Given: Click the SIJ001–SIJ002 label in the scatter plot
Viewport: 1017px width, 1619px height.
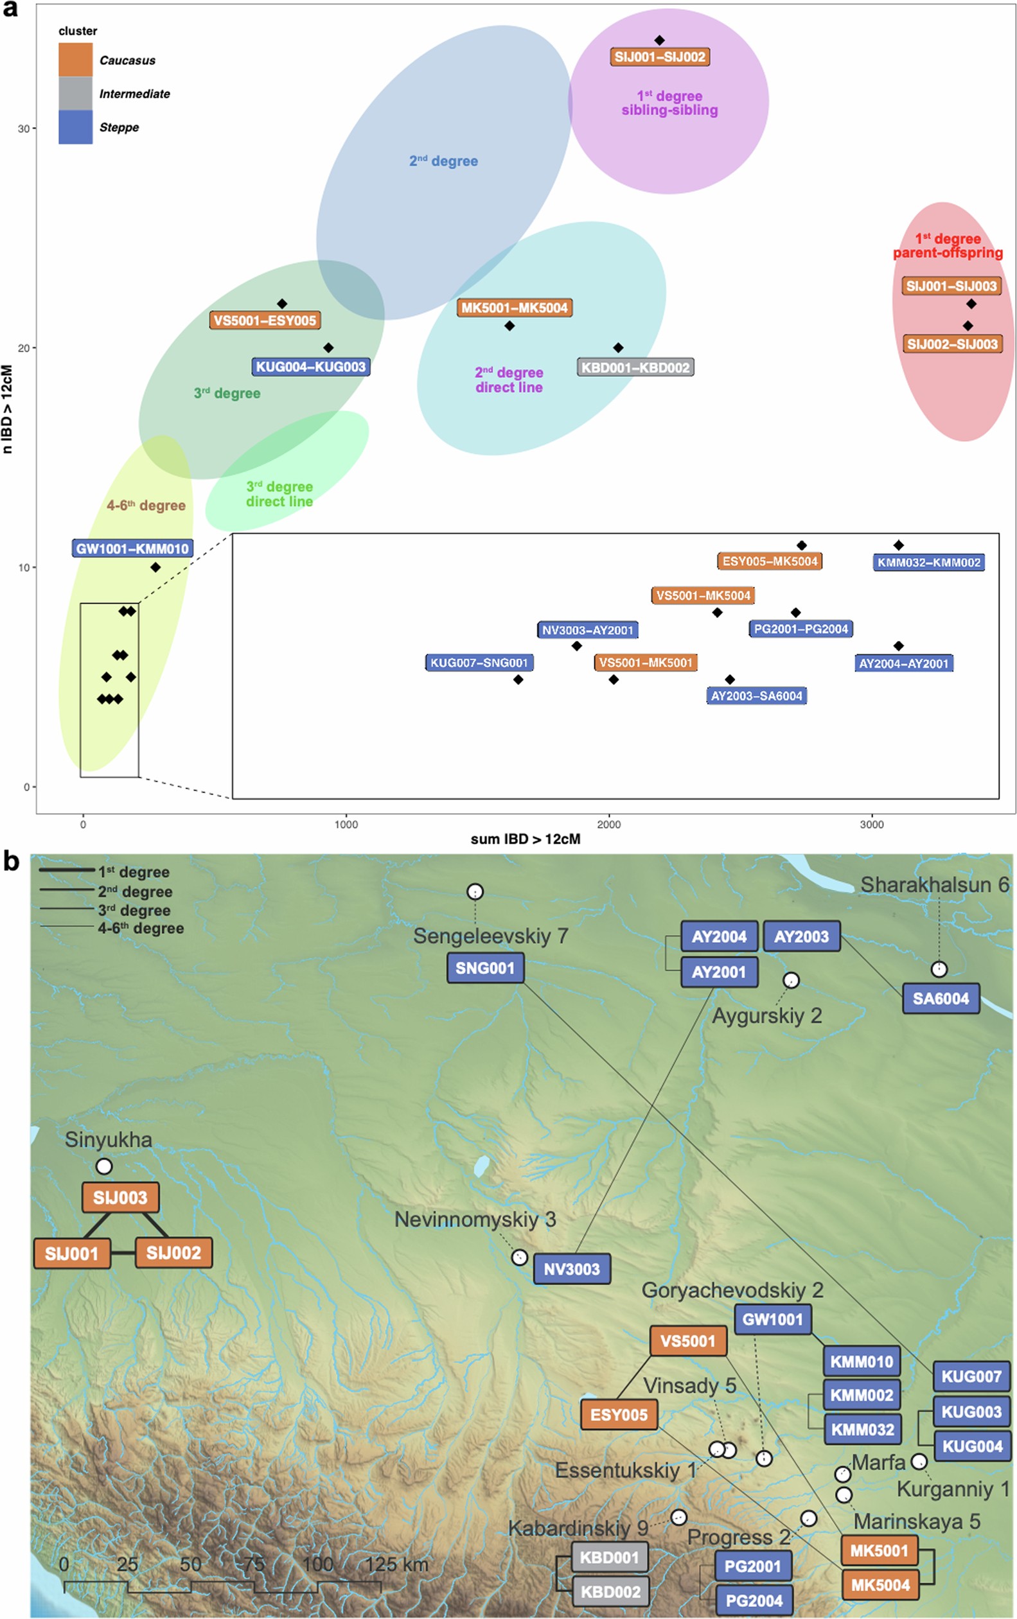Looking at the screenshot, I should coord(660,57).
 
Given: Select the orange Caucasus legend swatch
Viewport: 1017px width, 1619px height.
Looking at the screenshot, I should coord(75,60).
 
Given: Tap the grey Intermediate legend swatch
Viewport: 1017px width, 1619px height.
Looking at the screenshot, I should coord(75,94).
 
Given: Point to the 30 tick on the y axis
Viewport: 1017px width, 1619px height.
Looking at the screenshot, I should coord(24,128).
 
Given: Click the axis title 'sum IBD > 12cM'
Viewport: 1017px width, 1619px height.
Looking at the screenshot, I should coord(526,839).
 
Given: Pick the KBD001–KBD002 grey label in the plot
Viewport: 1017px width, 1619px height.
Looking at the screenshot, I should coord(635,368).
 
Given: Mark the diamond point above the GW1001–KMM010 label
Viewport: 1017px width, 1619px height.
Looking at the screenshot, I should coord(155,568).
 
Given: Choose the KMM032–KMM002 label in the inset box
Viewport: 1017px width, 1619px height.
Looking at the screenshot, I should coord(928,563).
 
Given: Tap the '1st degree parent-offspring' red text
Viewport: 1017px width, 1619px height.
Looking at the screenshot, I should coord(947,246).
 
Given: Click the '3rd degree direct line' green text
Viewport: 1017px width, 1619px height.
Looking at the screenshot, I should coord(279,494).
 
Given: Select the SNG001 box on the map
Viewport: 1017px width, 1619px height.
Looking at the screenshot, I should coord(485,968).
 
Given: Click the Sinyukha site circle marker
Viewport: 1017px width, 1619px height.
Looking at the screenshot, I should coord(104,1166).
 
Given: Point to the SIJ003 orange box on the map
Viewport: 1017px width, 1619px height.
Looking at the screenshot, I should coord(120,1198).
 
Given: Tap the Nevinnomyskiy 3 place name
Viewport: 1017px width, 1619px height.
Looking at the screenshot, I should coord(475,1219).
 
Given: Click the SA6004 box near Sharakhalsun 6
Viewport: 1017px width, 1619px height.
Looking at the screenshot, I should coord(941,999).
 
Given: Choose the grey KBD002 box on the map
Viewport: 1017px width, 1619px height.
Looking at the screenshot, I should coord(610,1591).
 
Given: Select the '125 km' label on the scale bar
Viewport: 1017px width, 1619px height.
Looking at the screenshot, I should coord(396,1564).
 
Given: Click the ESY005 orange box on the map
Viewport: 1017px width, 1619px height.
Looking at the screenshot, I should coord(619,1415).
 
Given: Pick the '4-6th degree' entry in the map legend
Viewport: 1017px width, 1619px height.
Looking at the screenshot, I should coord(141,929).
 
